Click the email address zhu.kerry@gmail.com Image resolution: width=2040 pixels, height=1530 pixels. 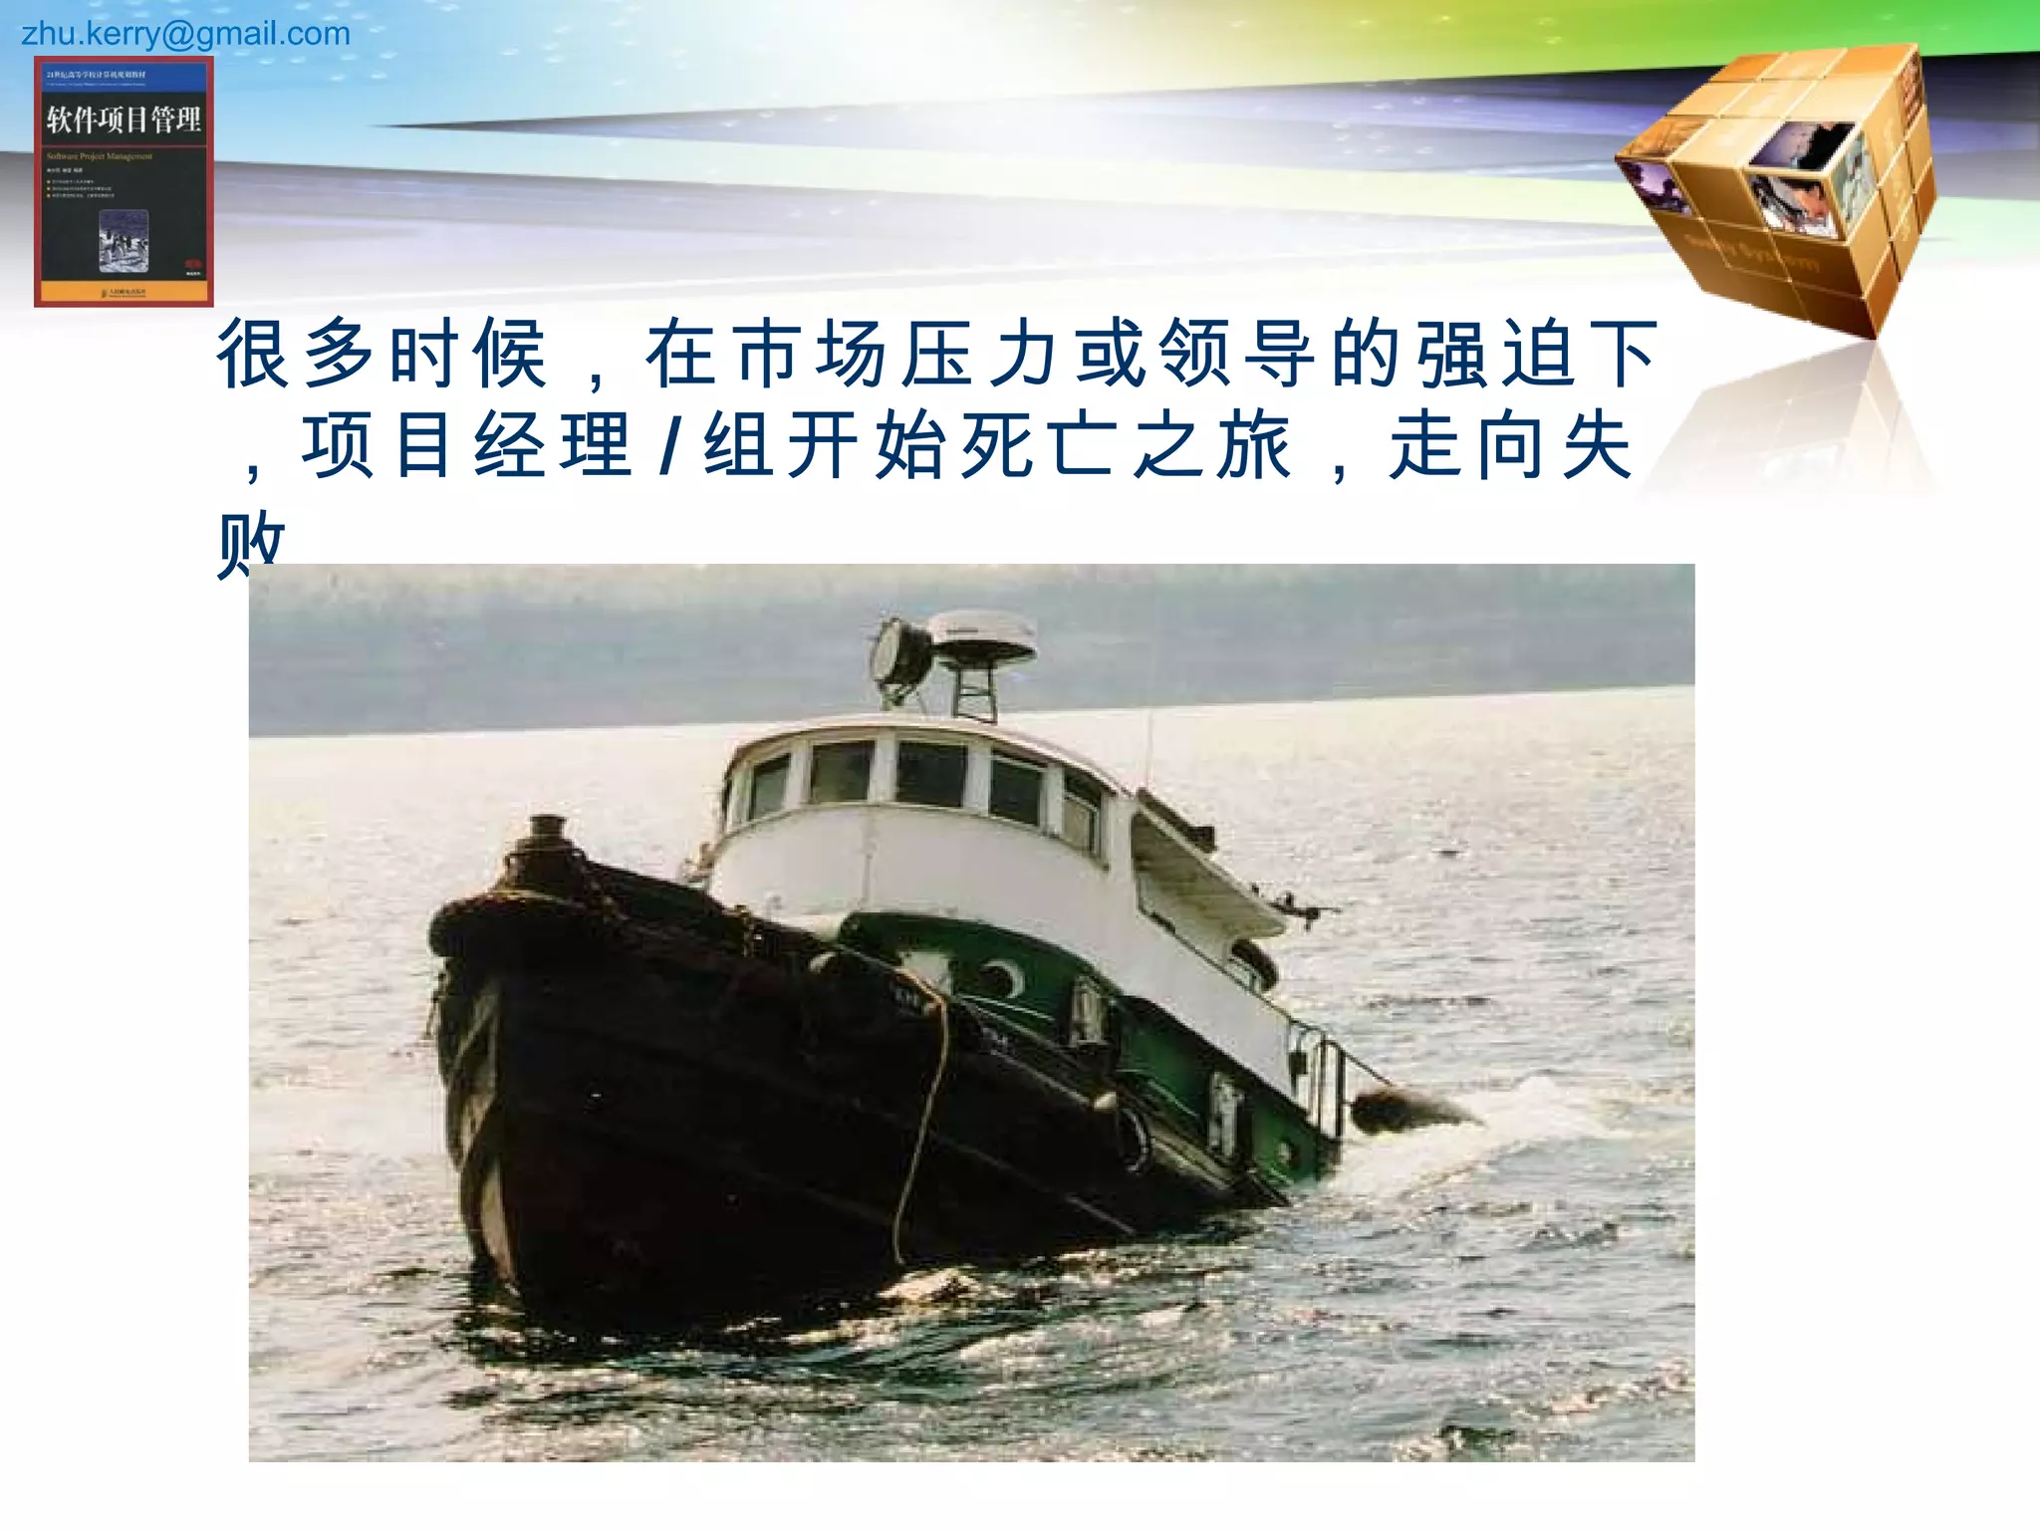[186, 34]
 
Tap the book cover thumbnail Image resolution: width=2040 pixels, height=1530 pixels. [124, 181]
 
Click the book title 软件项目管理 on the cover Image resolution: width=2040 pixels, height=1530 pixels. [124, 121]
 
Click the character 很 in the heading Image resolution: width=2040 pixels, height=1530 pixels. [253, 353]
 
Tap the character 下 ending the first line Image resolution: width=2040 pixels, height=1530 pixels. [1623, 353]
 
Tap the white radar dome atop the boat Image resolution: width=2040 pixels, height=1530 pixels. [981, 635]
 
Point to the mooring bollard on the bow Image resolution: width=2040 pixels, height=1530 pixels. [545, 848]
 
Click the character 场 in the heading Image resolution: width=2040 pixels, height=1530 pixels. [852, 353]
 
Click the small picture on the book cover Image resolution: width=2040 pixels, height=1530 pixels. [124, 240]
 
